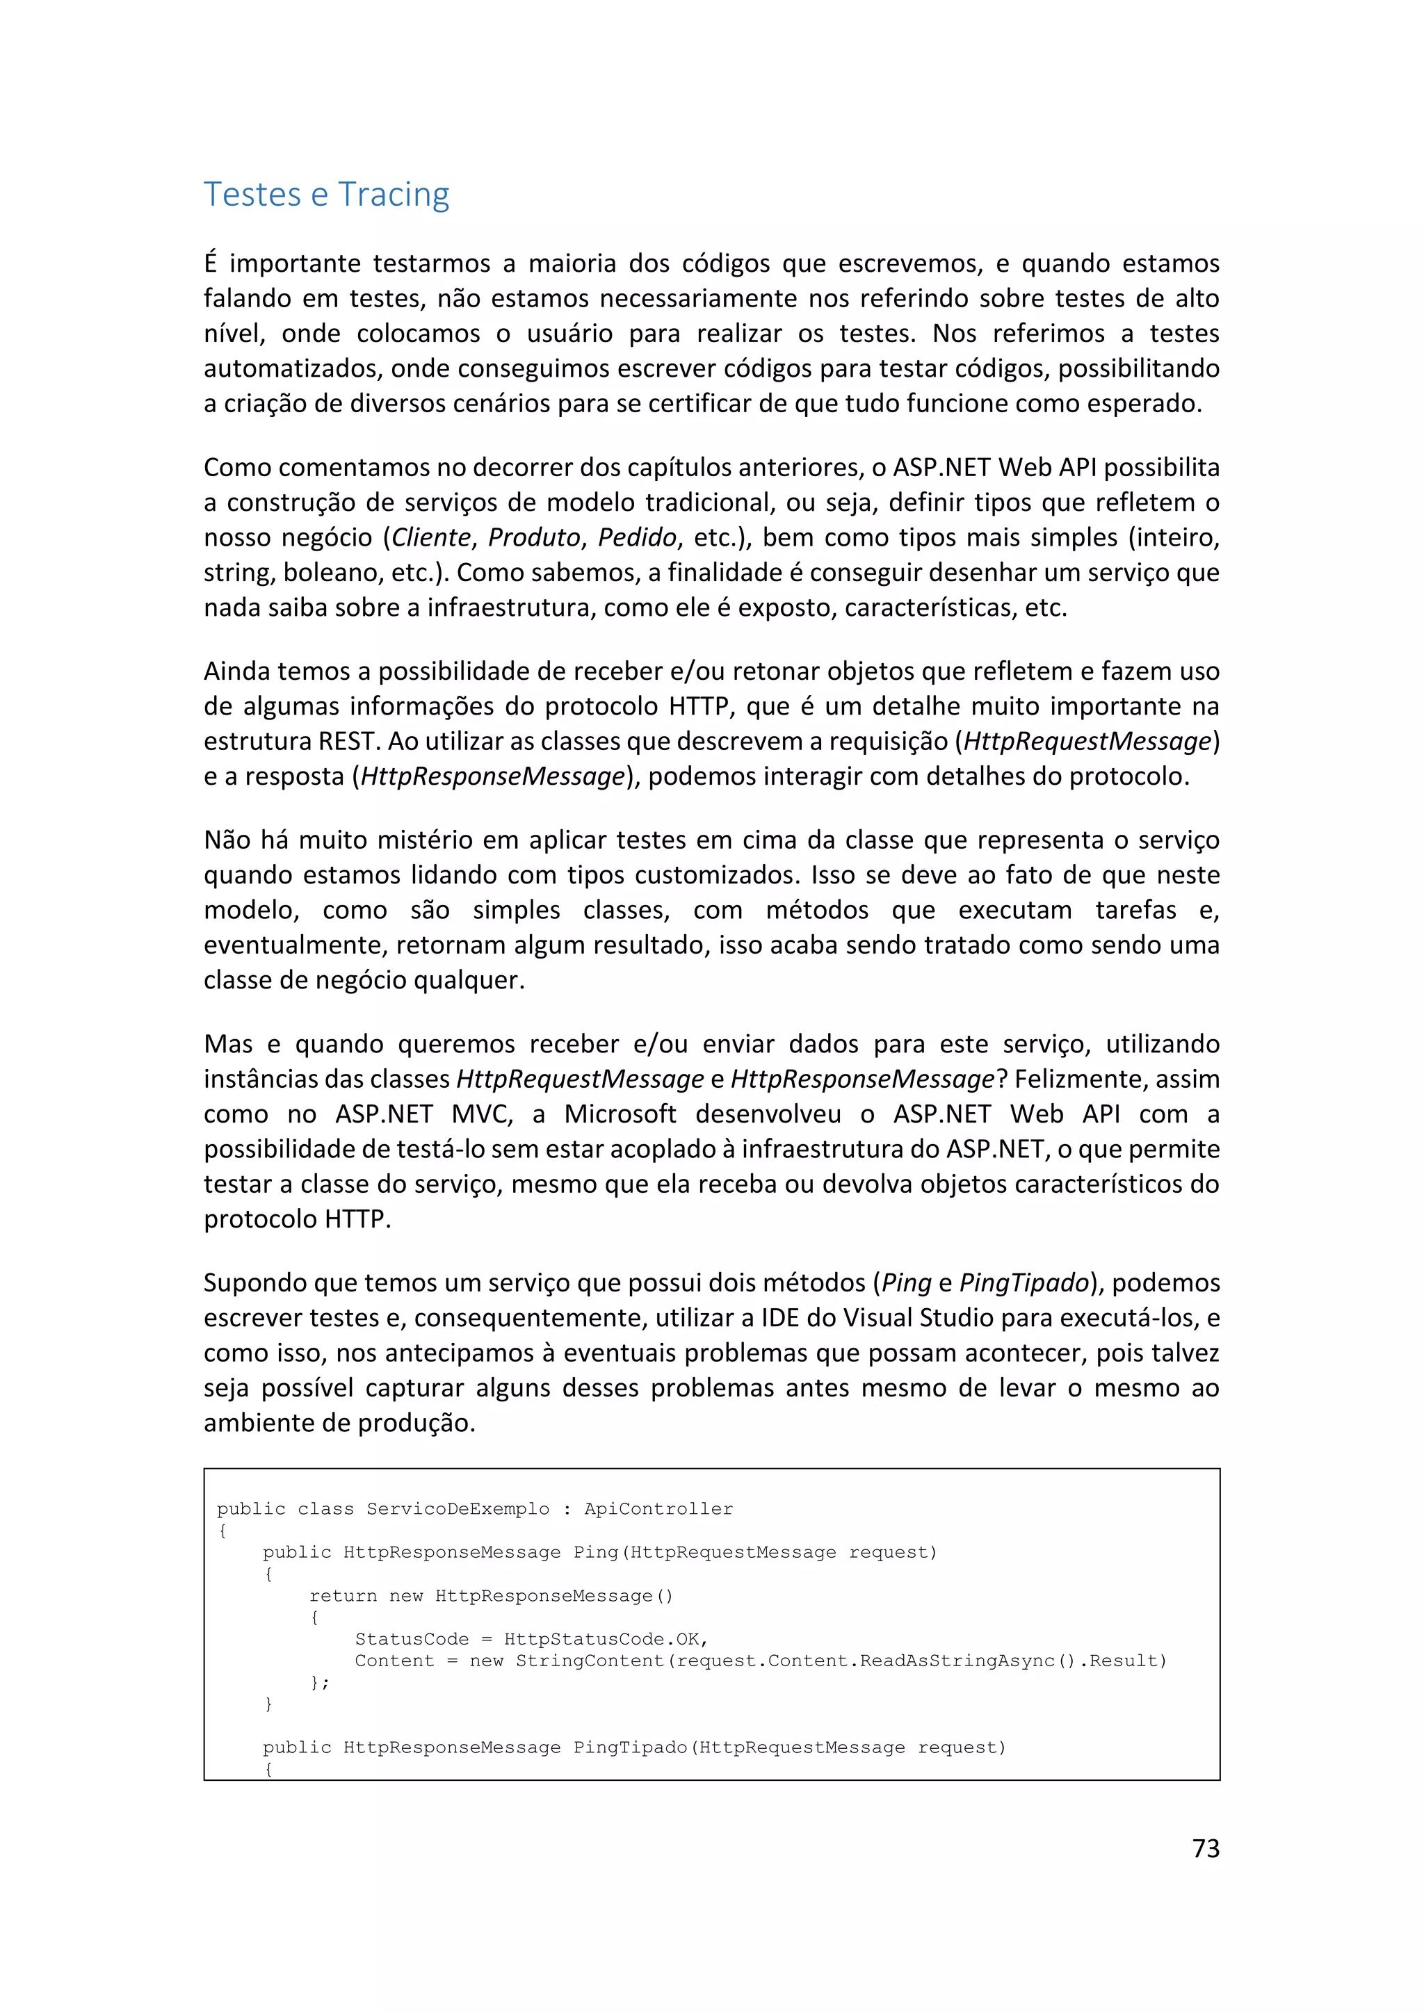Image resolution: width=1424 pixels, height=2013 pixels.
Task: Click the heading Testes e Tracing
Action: (x=326, y=194)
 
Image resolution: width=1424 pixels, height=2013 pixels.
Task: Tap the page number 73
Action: (x=1206, y=1848)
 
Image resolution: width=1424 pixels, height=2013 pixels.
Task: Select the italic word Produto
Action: (x=534, y=537)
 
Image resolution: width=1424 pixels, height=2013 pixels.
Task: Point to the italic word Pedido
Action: (x=637, y=537)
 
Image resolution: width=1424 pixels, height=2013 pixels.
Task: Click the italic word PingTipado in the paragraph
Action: (x=1023, y=1282)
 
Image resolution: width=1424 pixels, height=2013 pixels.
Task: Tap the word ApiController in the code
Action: (x=658, y=1509)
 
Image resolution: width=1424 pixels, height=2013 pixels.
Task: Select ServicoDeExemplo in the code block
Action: (x=458, y=1509)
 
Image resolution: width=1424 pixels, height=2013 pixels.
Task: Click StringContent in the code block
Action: (x=589, y=1661)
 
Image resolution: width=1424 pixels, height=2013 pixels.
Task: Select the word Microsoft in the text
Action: (x=620, y=1114)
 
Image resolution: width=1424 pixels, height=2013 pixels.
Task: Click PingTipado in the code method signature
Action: (x=629, y=1747)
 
